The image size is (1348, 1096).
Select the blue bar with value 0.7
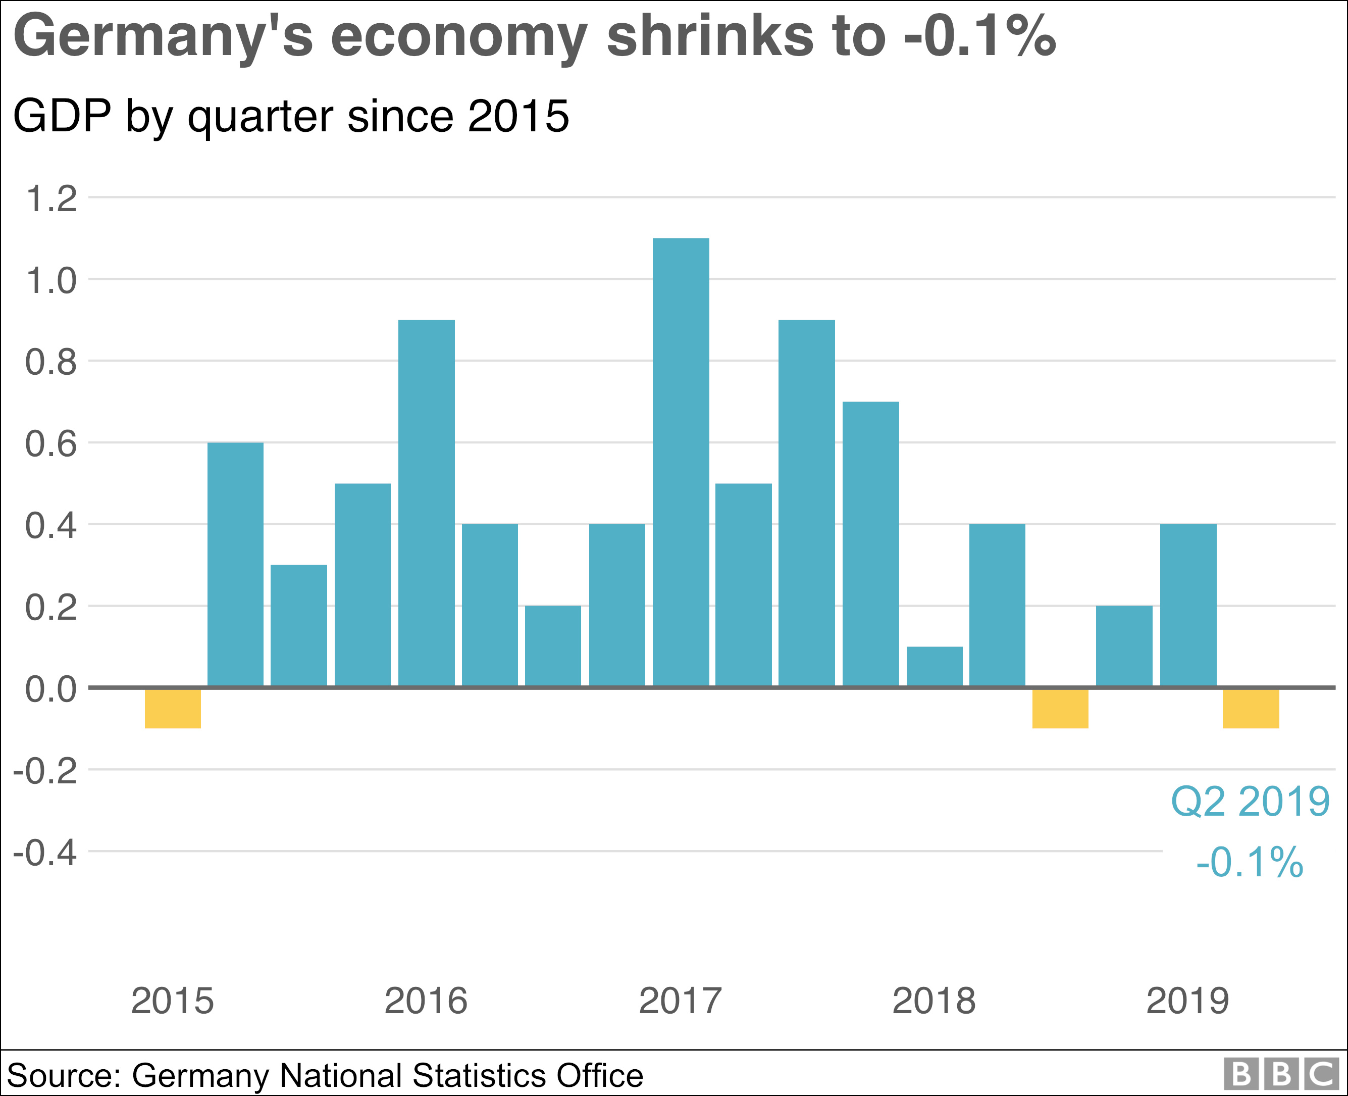coord(870,543)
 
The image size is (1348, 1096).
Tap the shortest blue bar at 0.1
coord(934,666)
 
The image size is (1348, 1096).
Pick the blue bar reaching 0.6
coord(235,564)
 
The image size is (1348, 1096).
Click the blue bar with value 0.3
coord(298,625)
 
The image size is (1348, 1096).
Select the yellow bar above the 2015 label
coord(172,708)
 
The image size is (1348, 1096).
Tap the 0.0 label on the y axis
coord(50,689)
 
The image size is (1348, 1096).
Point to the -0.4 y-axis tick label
coord(45,853)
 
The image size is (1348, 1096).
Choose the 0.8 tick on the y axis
coord(50,363)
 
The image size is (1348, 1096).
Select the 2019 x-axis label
coord(1187,1001)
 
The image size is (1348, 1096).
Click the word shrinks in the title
coord(709,36)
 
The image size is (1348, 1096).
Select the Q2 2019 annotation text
coord(1250,802)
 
